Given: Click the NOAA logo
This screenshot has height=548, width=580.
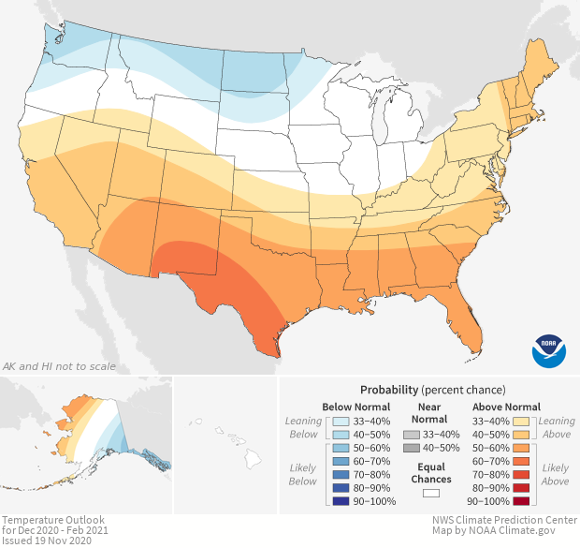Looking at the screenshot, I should click(x=548, y=349).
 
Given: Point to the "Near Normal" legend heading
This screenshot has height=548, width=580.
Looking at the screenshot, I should click(x=429, y=413).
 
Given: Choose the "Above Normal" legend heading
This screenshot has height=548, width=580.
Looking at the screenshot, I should click(x=507, y=407).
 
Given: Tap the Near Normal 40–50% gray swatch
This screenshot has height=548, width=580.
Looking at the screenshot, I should click(x=411, y=450).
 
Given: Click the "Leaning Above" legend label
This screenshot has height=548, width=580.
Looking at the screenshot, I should click(x=558, y=428).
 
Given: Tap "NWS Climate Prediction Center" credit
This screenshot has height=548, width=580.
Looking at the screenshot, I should click(x=503, y=520).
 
